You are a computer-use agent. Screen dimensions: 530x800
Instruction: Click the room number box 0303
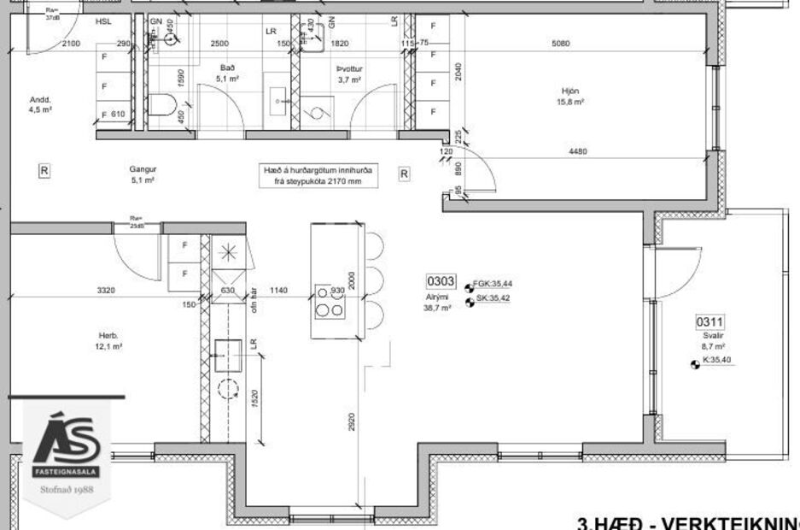point(441,281)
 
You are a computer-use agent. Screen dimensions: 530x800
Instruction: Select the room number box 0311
point(709,322)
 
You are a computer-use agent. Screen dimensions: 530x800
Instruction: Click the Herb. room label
point(107,335)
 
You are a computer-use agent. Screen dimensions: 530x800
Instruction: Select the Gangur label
point(143,169)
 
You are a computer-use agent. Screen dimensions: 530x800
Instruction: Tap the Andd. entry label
point(41,99)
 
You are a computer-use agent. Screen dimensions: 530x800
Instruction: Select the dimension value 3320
point(105,291)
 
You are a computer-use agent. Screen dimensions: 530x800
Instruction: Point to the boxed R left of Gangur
point(44,170)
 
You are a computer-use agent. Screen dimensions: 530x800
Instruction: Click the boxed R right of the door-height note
point(404,174)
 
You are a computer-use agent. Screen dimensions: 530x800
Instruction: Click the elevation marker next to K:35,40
point(694,364)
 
